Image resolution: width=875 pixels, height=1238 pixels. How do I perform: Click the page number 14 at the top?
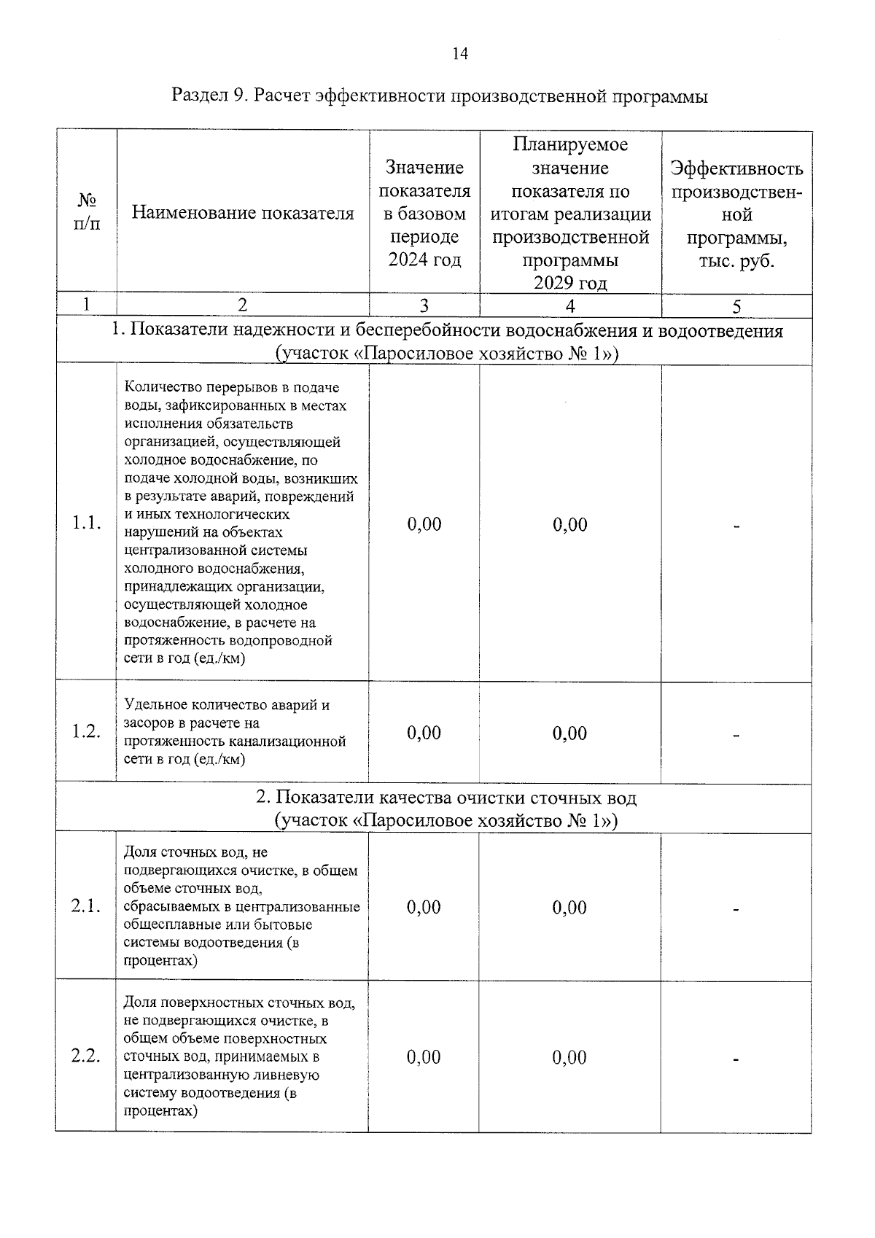pos(460,54)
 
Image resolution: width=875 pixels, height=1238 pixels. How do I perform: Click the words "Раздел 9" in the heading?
pos(208,96)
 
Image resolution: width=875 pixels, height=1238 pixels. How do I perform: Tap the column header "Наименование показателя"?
pos(243,213)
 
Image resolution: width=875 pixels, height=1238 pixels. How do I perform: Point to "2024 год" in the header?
pos(424,260)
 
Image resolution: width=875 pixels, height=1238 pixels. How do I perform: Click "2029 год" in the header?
pos(569,283)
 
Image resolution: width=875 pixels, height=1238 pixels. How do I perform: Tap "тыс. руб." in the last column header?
pos(736,261)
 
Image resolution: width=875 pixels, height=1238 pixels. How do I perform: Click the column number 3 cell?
pos(424,306)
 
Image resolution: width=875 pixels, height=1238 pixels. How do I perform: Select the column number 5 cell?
pos(736,306)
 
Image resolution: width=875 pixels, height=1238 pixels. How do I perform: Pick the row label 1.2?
pos(86,732)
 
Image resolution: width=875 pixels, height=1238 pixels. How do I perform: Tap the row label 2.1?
pos(86,906)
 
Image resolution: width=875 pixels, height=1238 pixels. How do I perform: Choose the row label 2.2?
pos(86,1056)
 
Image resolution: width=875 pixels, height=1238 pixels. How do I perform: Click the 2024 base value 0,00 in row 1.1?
pos(424,524)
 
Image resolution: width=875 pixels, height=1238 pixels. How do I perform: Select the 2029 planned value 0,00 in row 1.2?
pos(569,733)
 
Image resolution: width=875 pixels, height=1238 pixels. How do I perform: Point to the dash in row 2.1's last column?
pos(736,909)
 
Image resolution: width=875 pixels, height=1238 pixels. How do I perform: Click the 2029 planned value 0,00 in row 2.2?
pos(569,1057)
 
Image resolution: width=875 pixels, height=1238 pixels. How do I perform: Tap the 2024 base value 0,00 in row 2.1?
pos(424,907)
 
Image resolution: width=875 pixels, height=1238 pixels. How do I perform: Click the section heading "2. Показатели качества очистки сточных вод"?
pos(446,798)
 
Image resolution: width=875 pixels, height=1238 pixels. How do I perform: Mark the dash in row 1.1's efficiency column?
pos(736,526)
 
